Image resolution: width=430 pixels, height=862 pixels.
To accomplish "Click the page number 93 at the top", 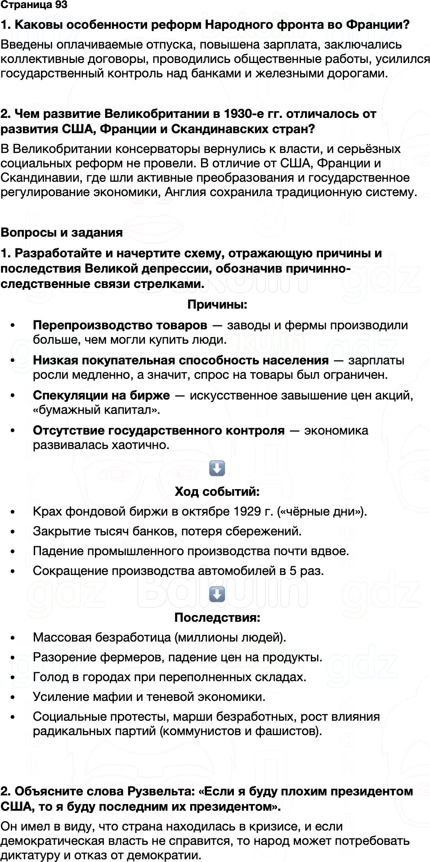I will coord(61,5).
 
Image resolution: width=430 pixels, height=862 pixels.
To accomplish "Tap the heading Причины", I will coord(217,305).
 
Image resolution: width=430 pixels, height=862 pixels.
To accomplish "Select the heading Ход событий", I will coord(217,491).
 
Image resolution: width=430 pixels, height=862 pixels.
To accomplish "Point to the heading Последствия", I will coord(217,617).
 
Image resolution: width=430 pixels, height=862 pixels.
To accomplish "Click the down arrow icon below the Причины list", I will coord(217,468).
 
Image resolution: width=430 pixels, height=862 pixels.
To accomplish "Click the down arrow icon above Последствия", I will coord(217,594).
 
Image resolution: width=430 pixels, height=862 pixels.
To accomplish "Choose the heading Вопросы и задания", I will coord(62,233).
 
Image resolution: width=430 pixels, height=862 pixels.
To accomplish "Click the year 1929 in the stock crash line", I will coord(247,512).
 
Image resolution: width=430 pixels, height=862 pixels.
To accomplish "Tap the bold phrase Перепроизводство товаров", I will coord(120,325).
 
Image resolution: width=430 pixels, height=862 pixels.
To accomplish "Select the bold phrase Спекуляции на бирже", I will coord(101,395).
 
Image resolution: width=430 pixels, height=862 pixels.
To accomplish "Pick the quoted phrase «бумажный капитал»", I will coord(96,410).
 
